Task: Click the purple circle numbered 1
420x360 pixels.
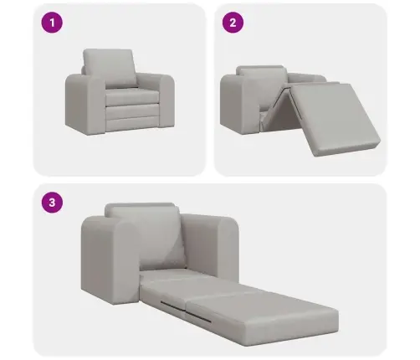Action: point(52,23)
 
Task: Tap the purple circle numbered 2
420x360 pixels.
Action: point(233,23)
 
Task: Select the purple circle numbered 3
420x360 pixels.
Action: point(52,203)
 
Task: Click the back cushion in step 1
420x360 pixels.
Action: point(110,68)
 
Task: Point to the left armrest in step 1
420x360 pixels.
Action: point(85,104)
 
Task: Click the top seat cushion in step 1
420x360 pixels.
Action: point(131,96)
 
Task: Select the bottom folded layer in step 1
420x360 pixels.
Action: point(132,123)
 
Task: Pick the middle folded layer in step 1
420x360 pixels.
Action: point(132,111)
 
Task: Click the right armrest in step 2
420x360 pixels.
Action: point(306,78)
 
